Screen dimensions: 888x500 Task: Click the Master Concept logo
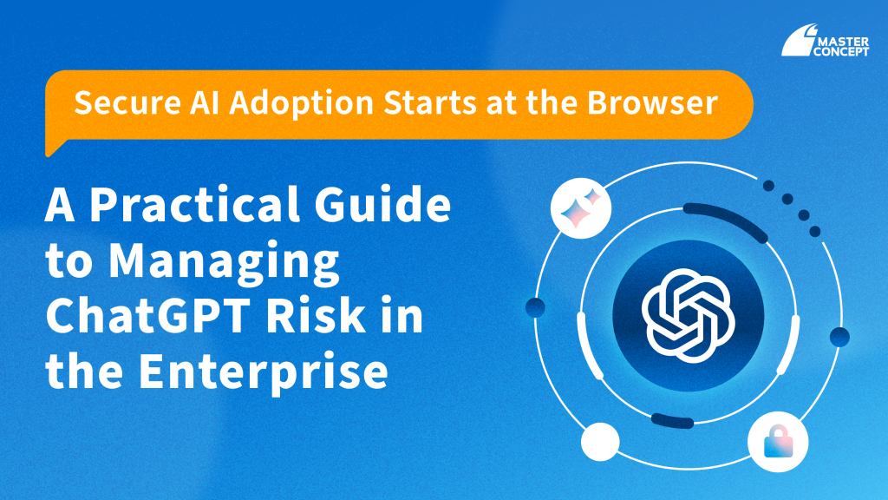(x=826, y=40)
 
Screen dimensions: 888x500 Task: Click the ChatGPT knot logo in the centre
(x=688, y=316)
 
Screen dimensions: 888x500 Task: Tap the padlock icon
(x=778, y=442)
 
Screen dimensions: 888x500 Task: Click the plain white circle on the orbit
(x=600, y=442)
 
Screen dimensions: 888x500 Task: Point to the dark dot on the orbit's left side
(x=535, y=308)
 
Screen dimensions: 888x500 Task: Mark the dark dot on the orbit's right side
(x=839, y=337)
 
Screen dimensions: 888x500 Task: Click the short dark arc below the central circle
(x=672, y=421)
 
